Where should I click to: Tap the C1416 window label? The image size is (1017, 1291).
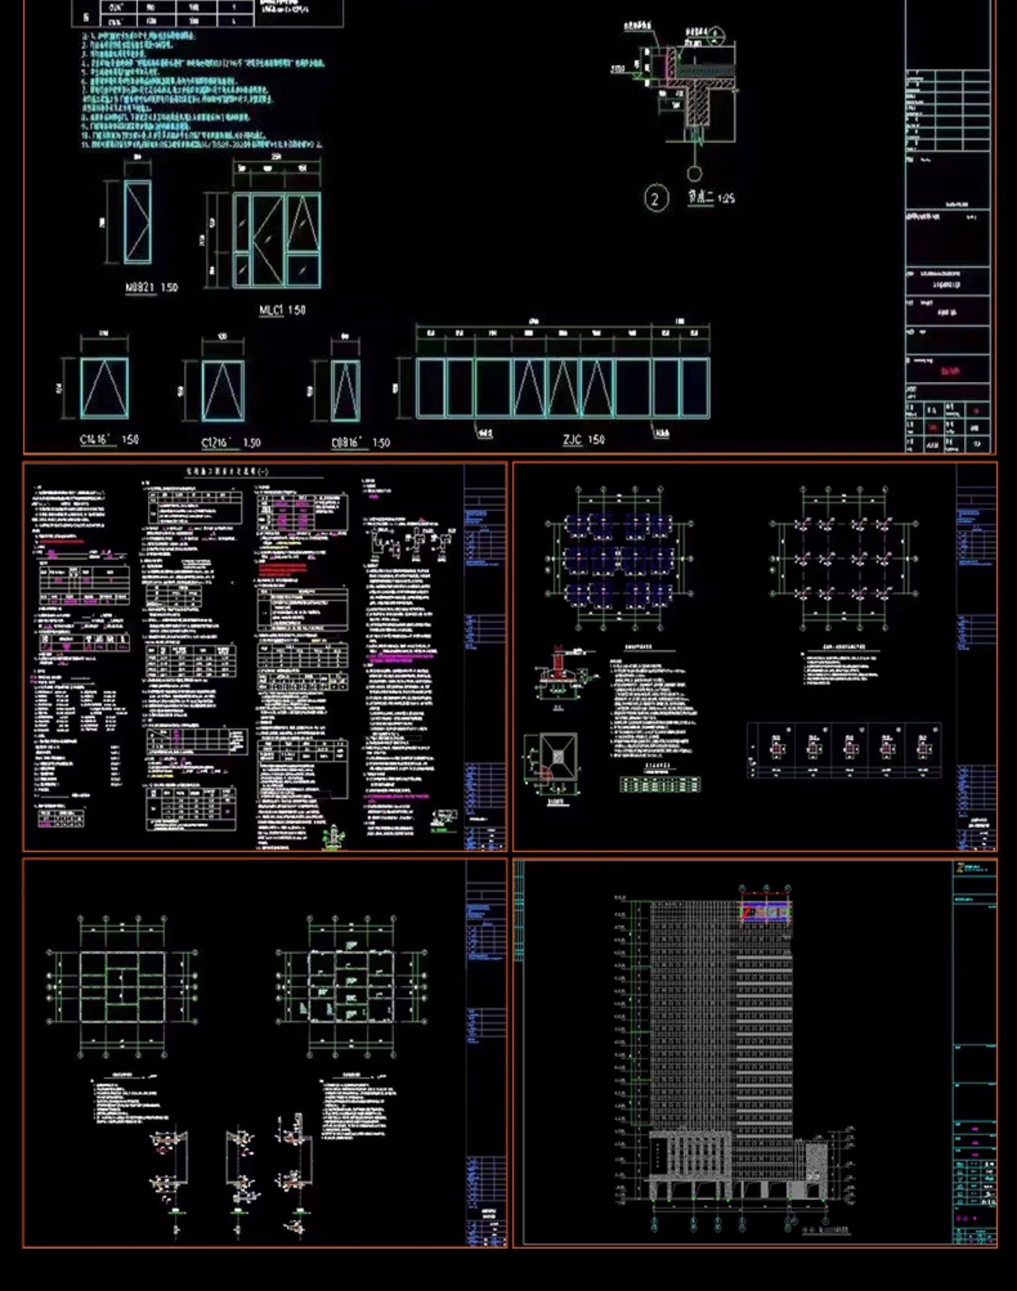95,440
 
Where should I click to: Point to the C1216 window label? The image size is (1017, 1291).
216,442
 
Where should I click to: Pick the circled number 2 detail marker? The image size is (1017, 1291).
656,199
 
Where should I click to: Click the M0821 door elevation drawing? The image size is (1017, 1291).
137,222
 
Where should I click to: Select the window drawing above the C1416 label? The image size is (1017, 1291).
104,388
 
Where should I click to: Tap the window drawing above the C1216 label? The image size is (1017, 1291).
223,391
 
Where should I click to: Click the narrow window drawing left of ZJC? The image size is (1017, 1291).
345,391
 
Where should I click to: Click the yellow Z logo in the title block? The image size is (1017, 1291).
959,868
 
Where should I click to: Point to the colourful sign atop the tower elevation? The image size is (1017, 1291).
766,912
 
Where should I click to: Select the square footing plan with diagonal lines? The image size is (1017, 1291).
558,756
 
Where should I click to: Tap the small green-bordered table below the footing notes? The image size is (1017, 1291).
660,784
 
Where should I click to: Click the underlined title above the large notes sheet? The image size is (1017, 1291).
228,472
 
